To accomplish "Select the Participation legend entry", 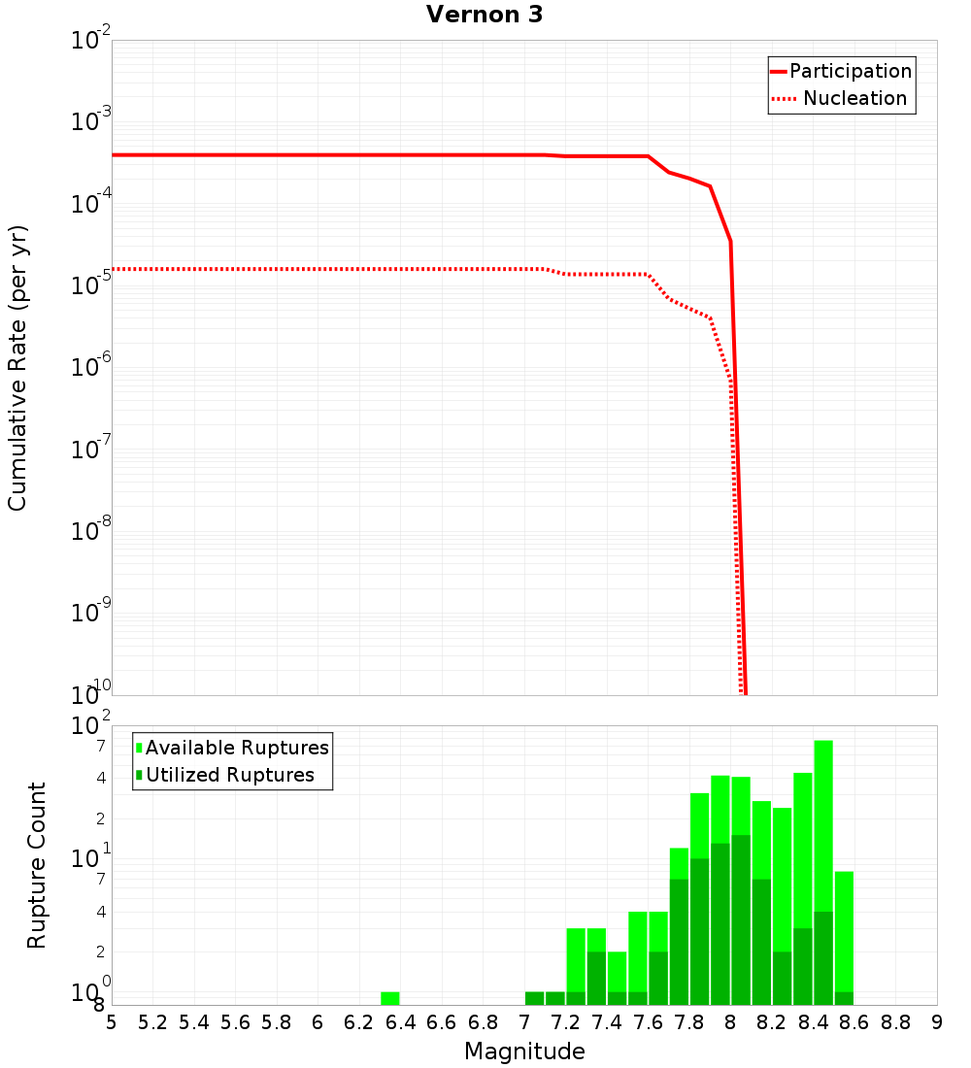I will tap(851, 71).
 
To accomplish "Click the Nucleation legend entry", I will tap(854, 98).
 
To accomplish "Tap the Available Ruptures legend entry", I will tap(237, 748).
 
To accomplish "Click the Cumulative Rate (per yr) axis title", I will tap(17, 368).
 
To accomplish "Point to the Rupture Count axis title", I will tap(37, 865).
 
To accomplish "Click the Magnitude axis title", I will tap(524, 1051).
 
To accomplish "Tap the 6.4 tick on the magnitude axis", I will tap(400, 1022).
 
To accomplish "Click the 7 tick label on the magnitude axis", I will tap(524, 1022).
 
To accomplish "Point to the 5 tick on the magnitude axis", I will tap(112, 1022).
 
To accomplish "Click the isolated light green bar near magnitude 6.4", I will tap(389, 998).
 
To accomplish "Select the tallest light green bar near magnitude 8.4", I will tap(823, 825).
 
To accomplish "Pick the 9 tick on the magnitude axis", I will tap(937, 1022).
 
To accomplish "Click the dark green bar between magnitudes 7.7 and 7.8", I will tap(679, 942).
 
